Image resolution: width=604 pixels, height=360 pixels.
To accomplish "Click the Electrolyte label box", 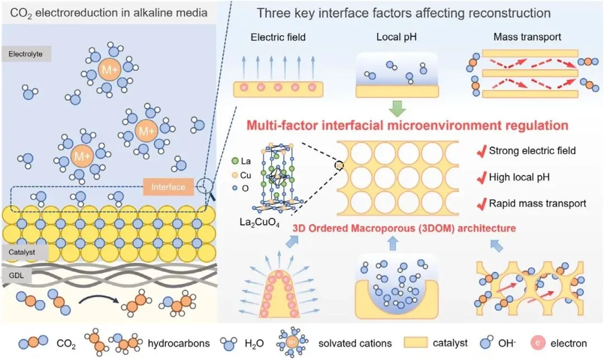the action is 26,54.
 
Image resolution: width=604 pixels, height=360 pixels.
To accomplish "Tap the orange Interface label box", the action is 168,187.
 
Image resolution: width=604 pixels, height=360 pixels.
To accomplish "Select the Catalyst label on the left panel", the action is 24,252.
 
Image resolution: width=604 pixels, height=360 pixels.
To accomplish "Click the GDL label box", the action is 17,276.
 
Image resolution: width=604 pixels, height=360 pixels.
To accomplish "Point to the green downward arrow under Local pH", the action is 397,108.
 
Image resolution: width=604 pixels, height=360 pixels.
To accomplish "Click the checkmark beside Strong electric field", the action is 482,151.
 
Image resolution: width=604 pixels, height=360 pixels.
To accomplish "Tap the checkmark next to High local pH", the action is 482,178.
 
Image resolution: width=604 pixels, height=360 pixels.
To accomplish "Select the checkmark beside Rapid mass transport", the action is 482,203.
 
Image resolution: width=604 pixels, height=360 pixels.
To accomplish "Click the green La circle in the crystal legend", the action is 235,161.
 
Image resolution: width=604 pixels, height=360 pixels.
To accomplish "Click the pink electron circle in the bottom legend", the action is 538,343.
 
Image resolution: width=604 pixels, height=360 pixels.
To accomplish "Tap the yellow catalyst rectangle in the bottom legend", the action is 416,343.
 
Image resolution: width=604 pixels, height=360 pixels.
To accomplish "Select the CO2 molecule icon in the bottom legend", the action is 33,342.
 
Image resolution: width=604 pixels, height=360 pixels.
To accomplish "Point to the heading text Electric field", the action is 278,37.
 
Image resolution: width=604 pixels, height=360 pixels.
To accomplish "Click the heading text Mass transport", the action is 527,37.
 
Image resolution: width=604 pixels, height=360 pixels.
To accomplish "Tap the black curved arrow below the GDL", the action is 98,298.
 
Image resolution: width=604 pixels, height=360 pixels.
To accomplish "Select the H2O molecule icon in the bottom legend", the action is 228,343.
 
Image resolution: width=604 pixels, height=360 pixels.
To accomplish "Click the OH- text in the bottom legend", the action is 507,343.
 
